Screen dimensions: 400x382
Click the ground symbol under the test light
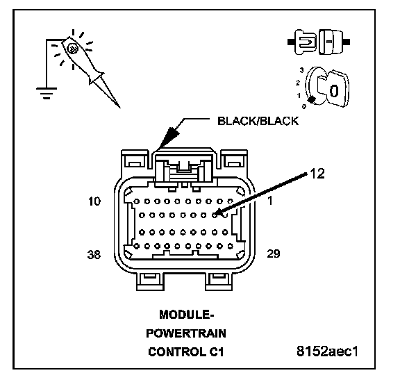click(47, 93)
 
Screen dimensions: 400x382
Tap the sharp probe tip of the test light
click(119, 107)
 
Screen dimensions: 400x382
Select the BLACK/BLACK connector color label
click(258, 121)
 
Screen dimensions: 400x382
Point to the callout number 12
click(317, 174)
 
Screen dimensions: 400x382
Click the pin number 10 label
click(94, 201)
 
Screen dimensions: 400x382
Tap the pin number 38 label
click(94, 254)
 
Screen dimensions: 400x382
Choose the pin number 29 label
click(274, 254)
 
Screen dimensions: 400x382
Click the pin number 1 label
click(270, 201)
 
